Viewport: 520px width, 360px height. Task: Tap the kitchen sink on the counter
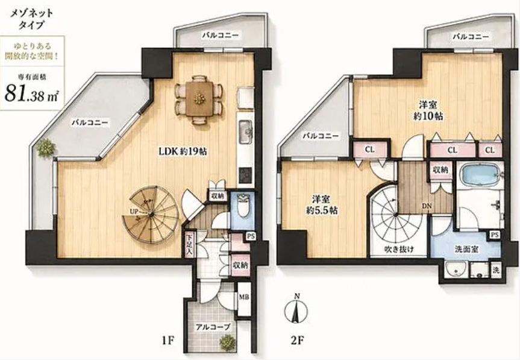click(245, 131)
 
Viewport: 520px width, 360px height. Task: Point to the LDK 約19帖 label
click(183, 151)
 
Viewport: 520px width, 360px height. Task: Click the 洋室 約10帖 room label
click(428, 111)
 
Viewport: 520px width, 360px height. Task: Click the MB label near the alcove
click(245, 297)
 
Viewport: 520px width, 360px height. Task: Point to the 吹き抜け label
click(399, 249)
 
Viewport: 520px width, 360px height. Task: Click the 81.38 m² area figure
click(32, 94)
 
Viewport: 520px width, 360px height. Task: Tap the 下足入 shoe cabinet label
click(189, 245)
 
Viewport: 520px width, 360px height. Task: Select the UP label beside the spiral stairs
click(134, 211)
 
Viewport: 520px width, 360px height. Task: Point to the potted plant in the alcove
click(227, 343)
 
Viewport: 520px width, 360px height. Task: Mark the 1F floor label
click(168, 341)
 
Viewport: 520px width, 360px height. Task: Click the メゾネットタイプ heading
click(32, 19)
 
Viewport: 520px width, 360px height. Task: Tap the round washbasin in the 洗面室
click(456, 270)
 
